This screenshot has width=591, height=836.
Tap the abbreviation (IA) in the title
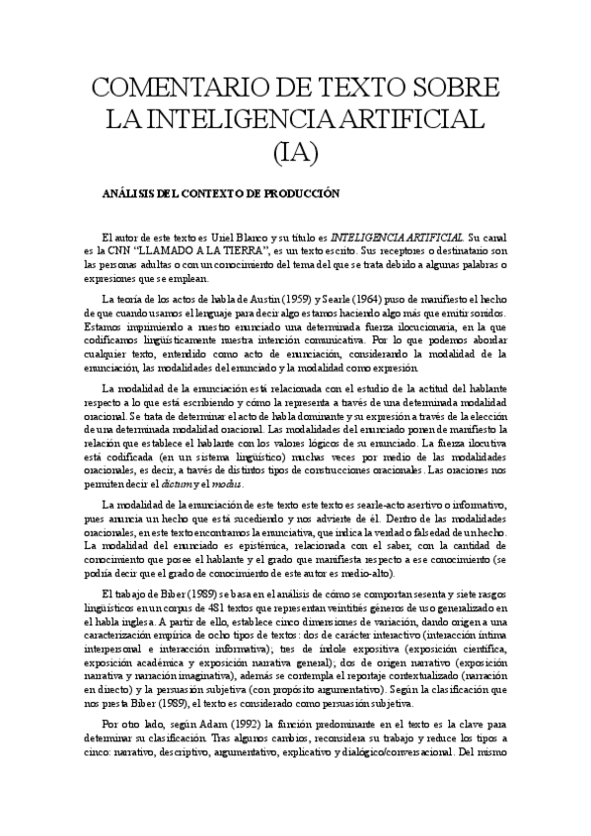pyautogui.click(x=295, y=151)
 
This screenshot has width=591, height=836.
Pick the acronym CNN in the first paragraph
pyautogui.click(x=134, y=251)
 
